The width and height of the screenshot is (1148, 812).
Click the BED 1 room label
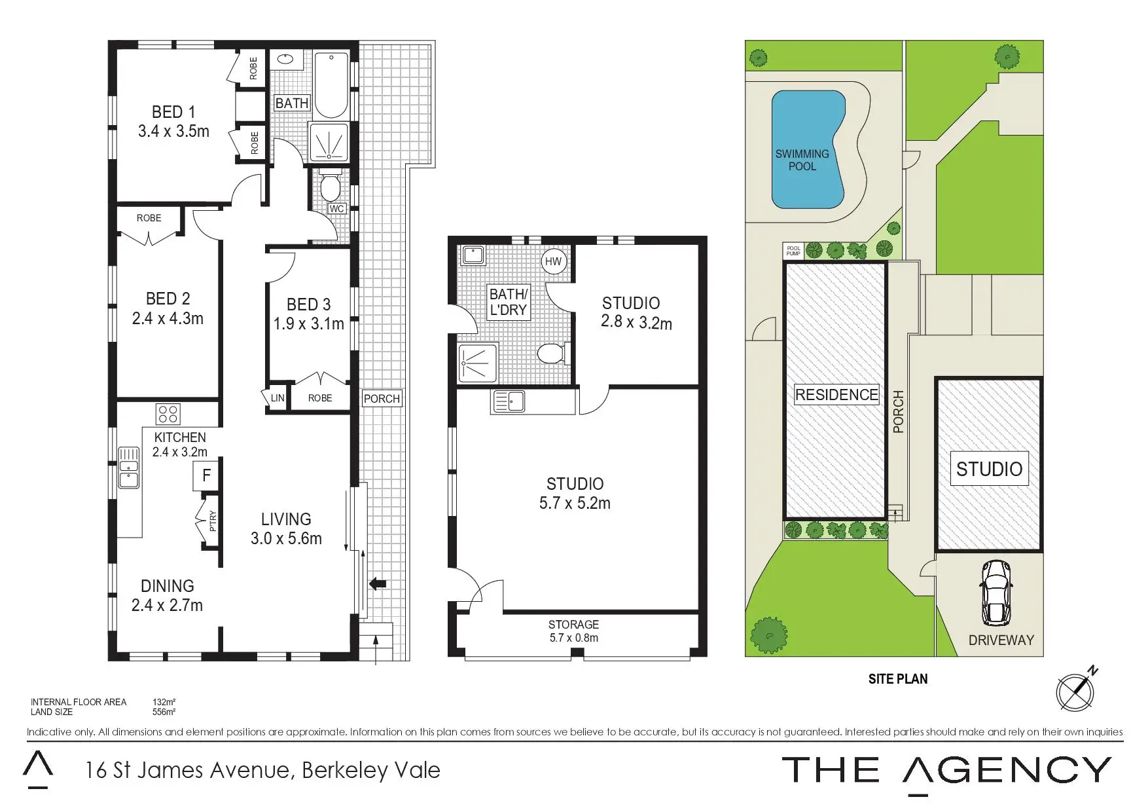point(173,122)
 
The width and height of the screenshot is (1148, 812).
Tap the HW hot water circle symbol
point(553,261)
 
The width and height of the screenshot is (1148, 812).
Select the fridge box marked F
point(206,475)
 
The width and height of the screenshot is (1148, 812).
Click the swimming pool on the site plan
point(808,150)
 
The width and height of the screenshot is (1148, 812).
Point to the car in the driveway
point(996,593)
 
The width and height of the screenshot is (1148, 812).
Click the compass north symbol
point(1076,690)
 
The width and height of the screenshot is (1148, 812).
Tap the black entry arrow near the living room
point(378,583)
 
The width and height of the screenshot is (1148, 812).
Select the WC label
point(336,209)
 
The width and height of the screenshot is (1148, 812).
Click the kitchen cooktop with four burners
point(168,414)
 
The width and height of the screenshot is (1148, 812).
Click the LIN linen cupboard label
point(278,397)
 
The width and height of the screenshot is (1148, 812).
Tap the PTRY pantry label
point(212,521)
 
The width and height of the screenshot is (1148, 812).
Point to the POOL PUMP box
point(793,251)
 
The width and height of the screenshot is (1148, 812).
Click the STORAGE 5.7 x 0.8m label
point(573,631)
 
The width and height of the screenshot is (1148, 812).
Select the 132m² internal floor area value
point(164,702)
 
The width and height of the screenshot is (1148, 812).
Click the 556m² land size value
point(164,712)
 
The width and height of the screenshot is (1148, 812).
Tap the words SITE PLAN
point(898,679)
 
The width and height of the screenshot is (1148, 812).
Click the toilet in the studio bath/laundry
point(552,354)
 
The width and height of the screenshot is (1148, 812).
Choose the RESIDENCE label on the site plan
point(836,395)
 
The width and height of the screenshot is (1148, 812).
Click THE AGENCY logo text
point(946,771)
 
